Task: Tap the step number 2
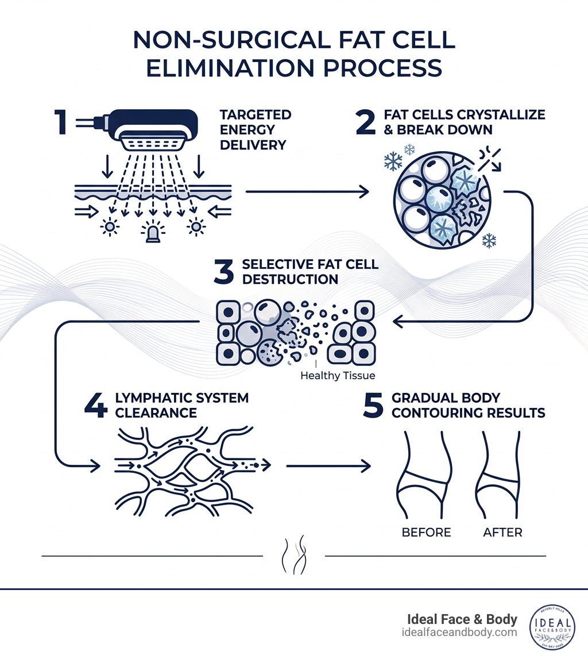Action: [365, 122]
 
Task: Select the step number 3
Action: [224, 272]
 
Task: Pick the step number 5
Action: [373, 406]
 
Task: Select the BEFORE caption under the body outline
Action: [426, 533]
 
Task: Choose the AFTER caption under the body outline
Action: [503, 533]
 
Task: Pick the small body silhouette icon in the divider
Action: [293, 556]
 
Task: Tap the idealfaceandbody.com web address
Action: [460, 633]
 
